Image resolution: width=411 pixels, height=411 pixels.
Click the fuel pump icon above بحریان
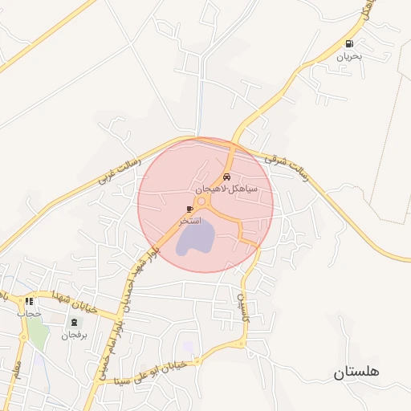[x=348, y=44]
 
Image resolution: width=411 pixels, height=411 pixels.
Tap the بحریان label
[x=349, y=56]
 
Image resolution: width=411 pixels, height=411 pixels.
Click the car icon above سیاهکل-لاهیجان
[x=227, y=175]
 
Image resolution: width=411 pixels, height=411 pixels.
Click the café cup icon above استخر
[x=190, y=209]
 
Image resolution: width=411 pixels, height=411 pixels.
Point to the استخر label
[x=189, y=220]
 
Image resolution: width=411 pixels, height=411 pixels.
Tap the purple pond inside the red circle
[x=195, y=238]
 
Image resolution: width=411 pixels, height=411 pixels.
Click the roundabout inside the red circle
[x=202, y=200]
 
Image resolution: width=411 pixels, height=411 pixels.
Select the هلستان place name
[x=356, y=372]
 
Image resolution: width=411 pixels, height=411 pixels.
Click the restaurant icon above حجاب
[x=30, y=302]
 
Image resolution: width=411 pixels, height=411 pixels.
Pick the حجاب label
[x=30, y=314]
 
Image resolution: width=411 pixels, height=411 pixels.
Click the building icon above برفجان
[x=74, y=323]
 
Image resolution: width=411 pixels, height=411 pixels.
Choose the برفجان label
[x=74, y=335]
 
